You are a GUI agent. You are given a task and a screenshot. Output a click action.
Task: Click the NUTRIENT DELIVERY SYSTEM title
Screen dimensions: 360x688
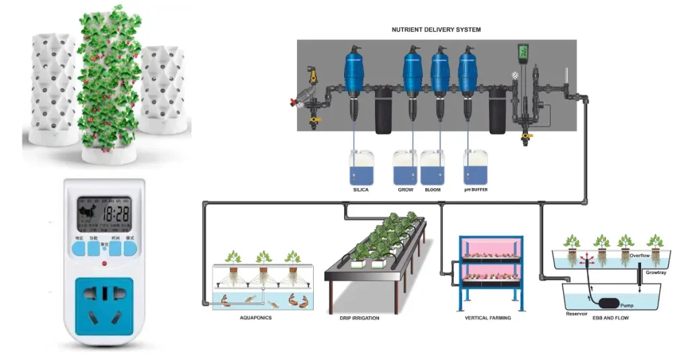(x=436, y=30)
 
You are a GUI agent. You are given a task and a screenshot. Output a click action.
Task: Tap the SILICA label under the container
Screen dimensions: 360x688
(x=360, y=190)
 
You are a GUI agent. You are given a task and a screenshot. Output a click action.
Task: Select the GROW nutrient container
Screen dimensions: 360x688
(x=405, y=167)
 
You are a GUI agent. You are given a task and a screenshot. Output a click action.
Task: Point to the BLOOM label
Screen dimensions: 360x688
(x=433, y=190)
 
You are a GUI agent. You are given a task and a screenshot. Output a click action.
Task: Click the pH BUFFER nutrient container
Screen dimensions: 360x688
(x=475, y=167)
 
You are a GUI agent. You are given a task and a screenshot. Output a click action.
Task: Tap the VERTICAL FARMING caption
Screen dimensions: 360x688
(x=488, y=317)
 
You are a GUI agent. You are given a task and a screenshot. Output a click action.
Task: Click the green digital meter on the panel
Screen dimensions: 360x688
(x=523, y=54)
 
